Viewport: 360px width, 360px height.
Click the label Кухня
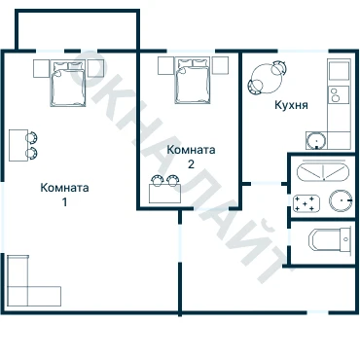click(291, 105)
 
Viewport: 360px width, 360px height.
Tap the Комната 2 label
click(191, 157)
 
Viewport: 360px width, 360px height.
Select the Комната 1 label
click(64, 195)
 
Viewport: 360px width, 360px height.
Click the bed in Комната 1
click(68, 84)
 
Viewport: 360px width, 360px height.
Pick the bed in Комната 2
click(192, 81)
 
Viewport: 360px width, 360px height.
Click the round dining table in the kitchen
click(267, 79)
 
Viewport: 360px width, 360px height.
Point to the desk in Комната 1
click(18, 145)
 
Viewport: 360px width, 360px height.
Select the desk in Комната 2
click(164, 194)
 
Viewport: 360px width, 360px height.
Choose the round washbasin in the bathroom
click(341, 200)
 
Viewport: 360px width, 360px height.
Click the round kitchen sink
click(316, 141)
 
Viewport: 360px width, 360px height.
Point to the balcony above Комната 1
click(77, 30)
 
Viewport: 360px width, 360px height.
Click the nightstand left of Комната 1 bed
click(42, 69)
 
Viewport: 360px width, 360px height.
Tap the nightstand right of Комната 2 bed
click(221, 65)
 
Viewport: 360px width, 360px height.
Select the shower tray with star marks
click(306, 203)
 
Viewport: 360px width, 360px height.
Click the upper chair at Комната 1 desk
click(32, 137)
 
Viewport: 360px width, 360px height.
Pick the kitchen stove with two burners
click(339, 94)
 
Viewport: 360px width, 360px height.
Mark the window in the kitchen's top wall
click(303, 51)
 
